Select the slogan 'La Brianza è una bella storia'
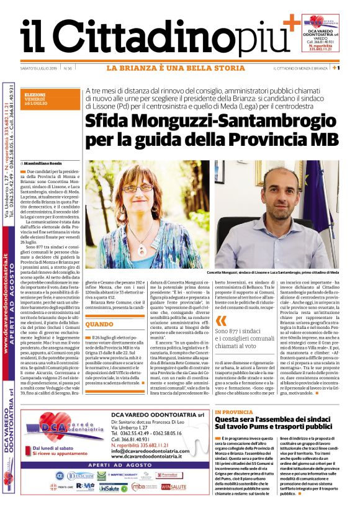tap(175, 68)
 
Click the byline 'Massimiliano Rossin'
tap(44, 163)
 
